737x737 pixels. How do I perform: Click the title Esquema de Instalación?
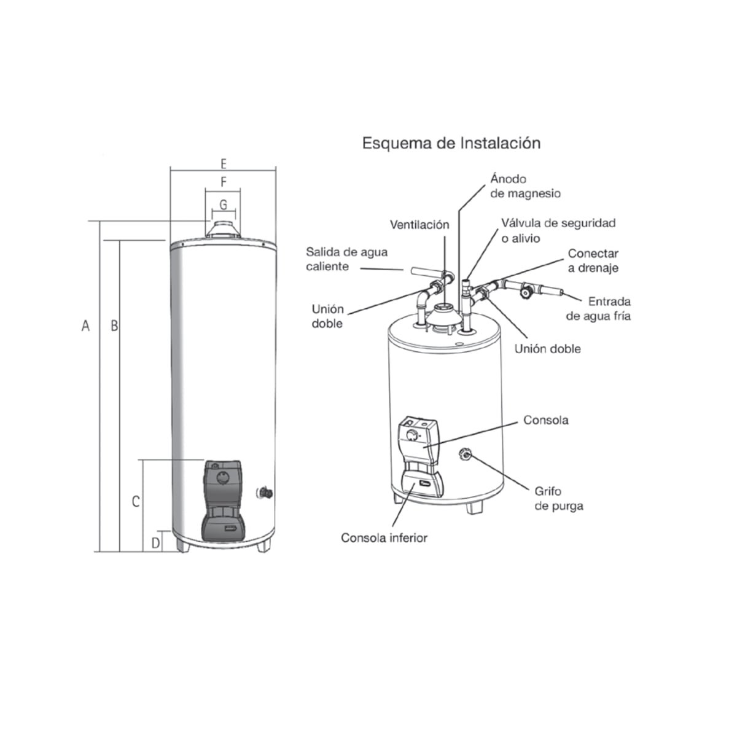[x=451, y=144]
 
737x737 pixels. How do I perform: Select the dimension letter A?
[x=85, y=326]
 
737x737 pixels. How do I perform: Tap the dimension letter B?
[x=114, y=326]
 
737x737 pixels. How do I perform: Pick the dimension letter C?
[x=136, y=501]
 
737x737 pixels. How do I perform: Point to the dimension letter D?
[x=155, y=543]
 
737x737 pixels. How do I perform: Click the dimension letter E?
[x=224, y=164]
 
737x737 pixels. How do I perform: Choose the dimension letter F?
[x=224, y=182]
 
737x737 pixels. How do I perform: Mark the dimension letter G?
[x=224, y=205]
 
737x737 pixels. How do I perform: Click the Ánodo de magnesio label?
[x=526, y=186]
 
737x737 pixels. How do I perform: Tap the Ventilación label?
[x=419, y=225]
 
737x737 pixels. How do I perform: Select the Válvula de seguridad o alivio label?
[x=558, y=231]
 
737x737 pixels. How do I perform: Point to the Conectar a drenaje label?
[x=593, y=260]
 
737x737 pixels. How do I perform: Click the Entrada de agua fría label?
[x=598, y=309]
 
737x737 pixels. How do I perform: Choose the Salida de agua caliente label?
[x=346, y=259]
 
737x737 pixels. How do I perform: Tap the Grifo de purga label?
[x=559, y=498]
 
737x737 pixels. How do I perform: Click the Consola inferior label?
[x=384, y=538]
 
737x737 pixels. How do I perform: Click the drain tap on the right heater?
[x=465, y=454]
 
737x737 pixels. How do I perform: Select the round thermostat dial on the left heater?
[x=222, y=477]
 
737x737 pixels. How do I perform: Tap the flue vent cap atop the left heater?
[x=223, y=230]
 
